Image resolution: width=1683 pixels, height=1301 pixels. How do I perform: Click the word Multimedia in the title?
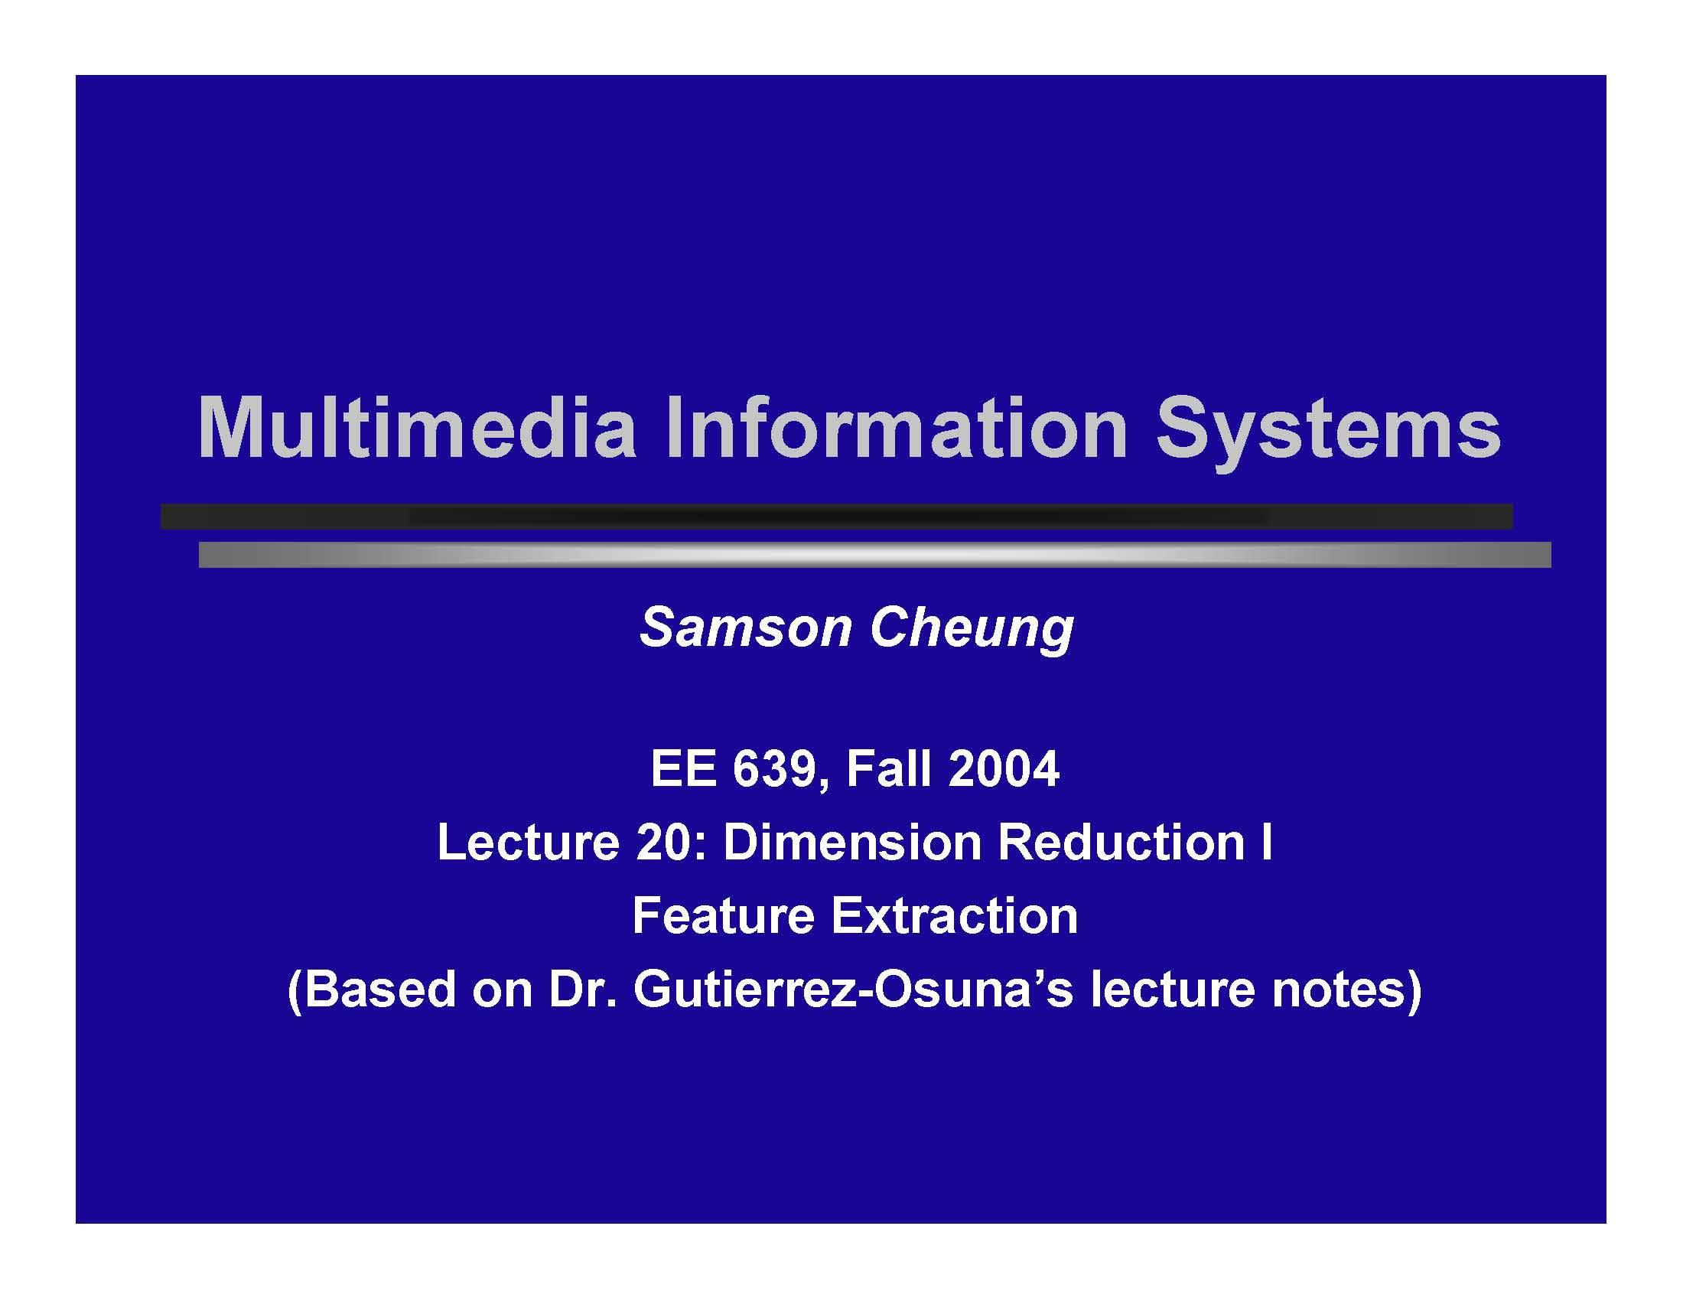[x=417, y=429]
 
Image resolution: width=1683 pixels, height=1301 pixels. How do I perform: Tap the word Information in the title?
[x=897, y=429]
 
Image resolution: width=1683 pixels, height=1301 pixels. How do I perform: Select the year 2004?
[x=1005, y=768]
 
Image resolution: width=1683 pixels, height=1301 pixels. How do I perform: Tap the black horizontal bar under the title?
[x=836, y=517]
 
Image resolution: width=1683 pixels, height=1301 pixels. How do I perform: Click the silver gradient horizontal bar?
[x=874, y=555]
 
